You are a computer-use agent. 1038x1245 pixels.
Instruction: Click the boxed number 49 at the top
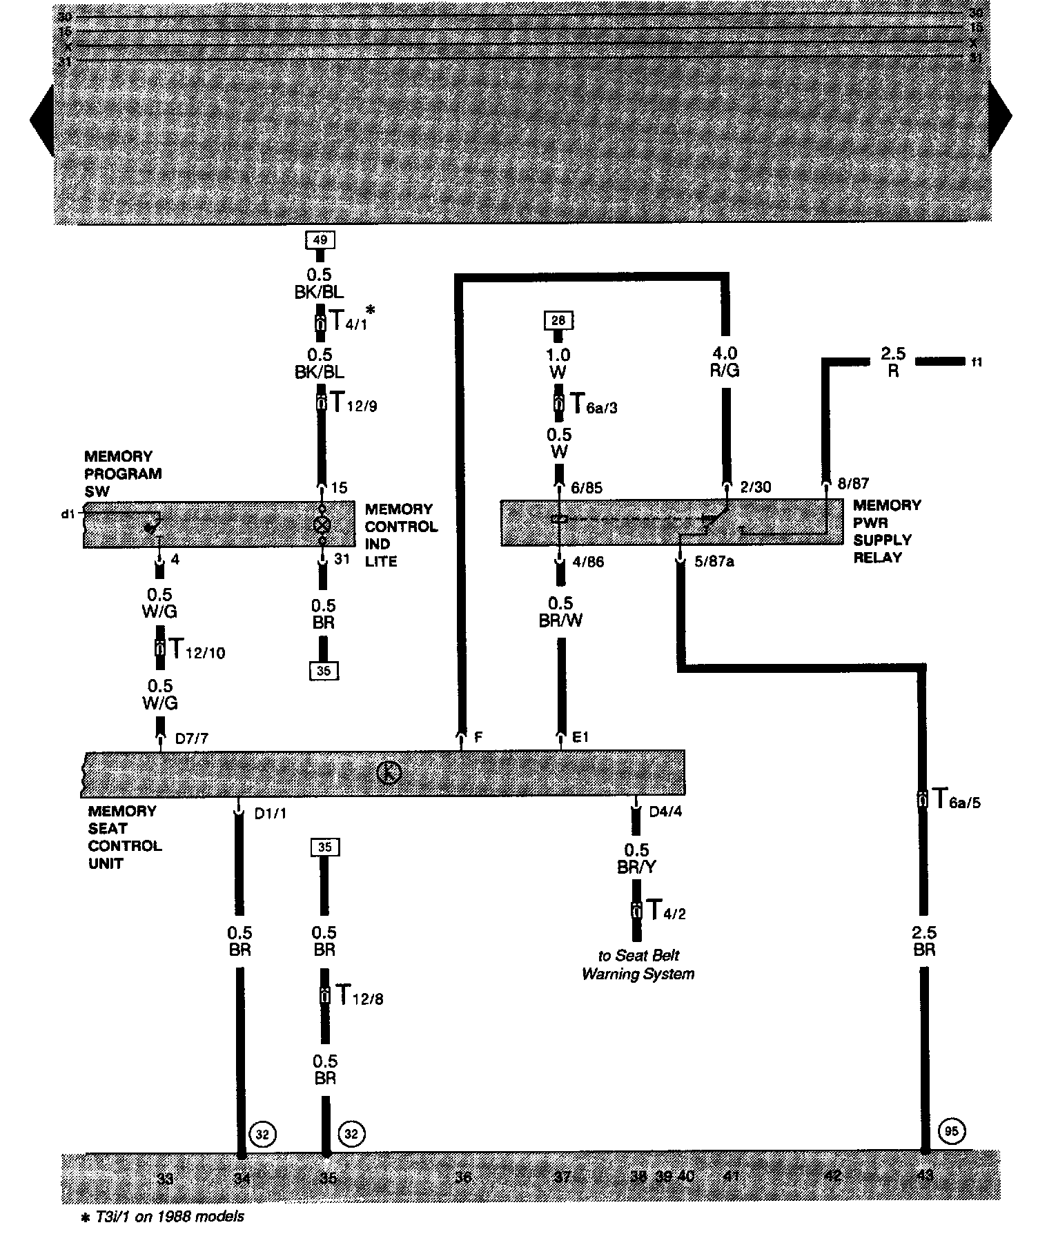click(x=320, y=240)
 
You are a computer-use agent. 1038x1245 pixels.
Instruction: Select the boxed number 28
click(x=559, y=320)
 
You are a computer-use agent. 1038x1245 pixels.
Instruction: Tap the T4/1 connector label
click(x=347, y=320)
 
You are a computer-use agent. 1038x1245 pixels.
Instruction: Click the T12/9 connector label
click(x=353, y=404)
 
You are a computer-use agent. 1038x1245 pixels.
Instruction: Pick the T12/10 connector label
click(x=197, y=649)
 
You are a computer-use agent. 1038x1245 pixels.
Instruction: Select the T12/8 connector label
click(x=358, y=995)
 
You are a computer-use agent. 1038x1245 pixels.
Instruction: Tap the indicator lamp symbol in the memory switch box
click(x=322, y=524)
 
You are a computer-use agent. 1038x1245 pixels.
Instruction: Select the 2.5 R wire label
click(x=892, y=362)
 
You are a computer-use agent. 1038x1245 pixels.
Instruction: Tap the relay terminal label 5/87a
click(x=714, y=562)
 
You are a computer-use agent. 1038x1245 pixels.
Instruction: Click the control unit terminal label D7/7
click(x=191, y=738)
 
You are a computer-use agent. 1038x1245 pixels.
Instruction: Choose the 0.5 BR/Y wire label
click(x=637, y=859)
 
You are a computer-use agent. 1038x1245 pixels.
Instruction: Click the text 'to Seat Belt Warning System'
click(x=638, y=965)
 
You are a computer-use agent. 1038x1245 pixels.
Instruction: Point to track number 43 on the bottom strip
click(x=925, y=1175)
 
